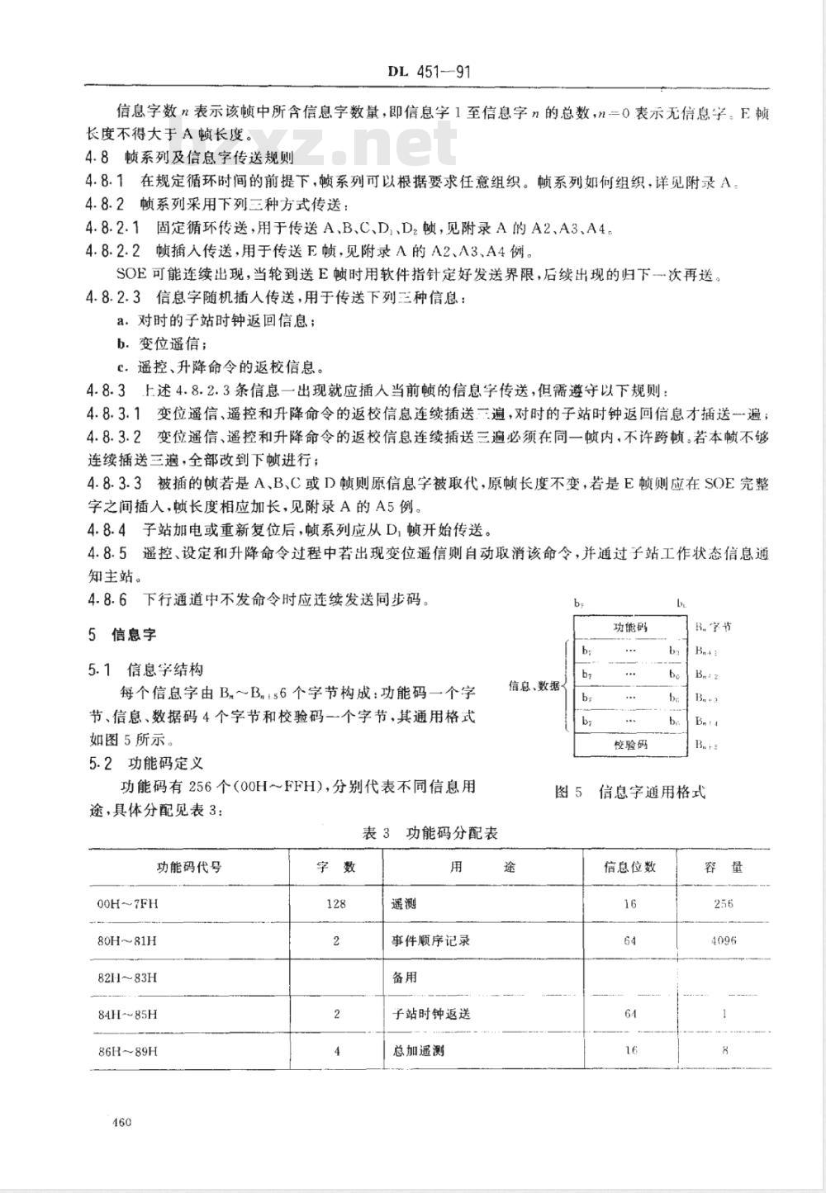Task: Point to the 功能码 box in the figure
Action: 630,627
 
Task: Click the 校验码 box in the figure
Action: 630,744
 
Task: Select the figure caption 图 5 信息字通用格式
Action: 630,792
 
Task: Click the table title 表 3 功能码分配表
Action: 430,833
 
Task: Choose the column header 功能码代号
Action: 189,867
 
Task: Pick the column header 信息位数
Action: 630,867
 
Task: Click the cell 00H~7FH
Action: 127,903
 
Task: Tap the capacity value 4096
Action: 724,940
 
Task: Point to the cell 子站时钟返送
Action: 430,1014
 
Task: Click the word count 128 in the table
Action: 335,903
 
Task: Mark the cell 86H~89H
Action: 127,1051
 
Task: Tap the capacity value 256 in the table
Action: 723,903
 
